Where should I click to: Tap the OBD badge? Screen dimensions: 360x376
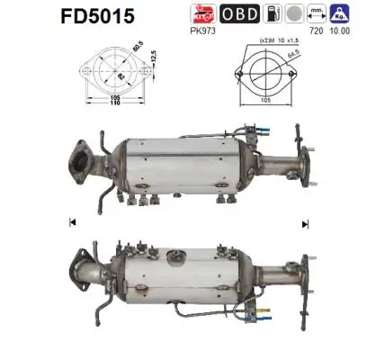pyautogui.click(x=266, y=13)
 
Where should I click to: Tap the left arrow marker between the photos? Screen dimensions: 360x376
pyautogui.click(x=71, y=221)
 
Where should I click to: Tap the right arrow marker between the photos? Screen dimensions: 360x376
pyautogui.click(x=305, y=221)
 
